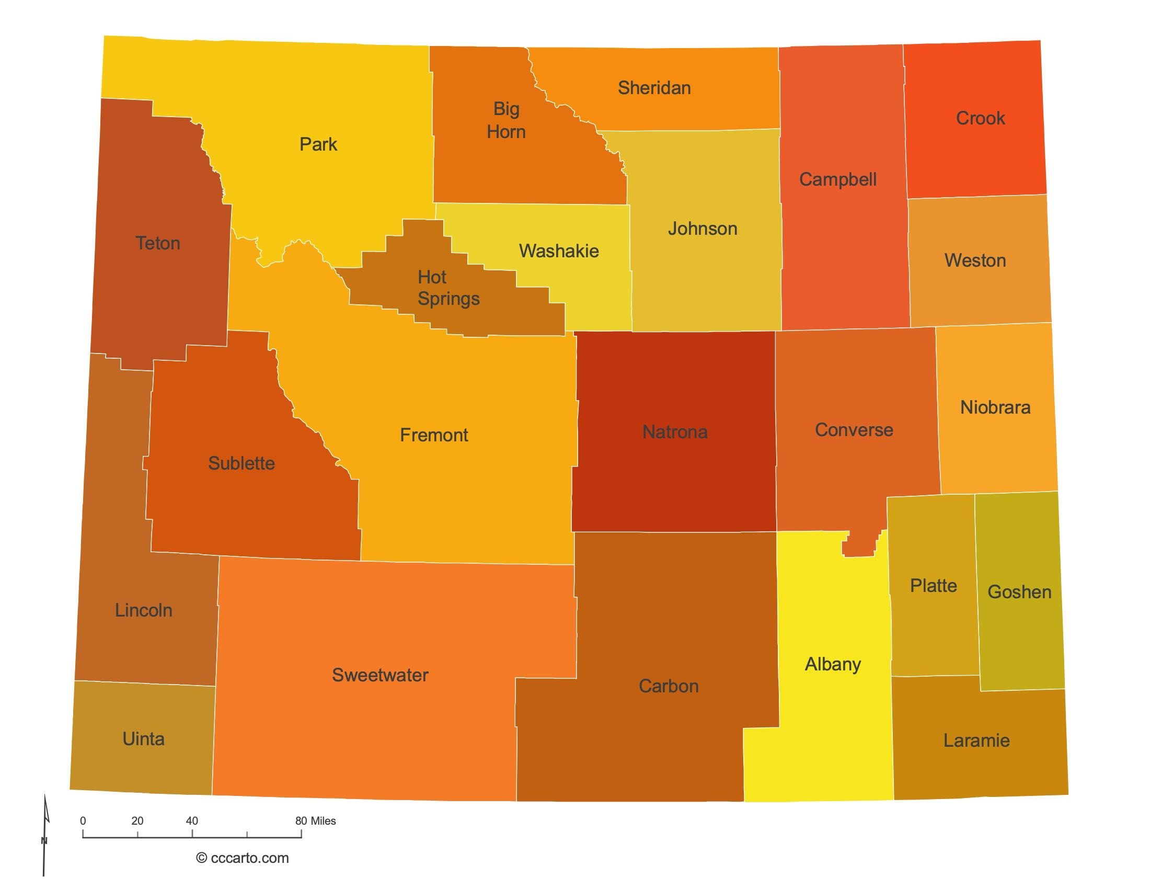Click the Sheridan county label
654,88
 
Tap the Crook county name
980,118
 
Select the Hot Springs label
447,288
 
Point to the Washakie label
559,250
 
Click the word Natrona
674,432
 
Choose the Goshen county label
1019,592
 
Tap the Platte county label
933,586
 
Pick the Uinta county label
143,739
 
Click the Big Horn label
505,120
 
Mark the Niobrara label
995,407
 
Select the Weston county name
975,260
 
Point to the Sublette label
241,463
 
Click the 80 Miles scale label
315,820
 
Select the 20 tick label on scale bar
137,820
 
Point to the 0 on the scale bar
83,820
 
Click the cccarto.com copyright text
242,858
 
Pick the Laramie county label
976,740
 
